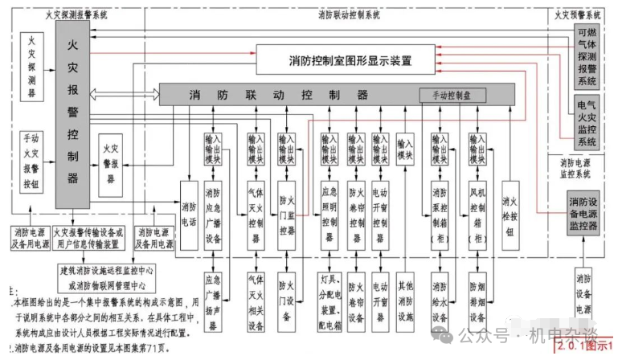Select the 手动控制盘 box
click(x=452, y=95)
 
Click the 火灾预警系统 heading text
click(x=578, y=15)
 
